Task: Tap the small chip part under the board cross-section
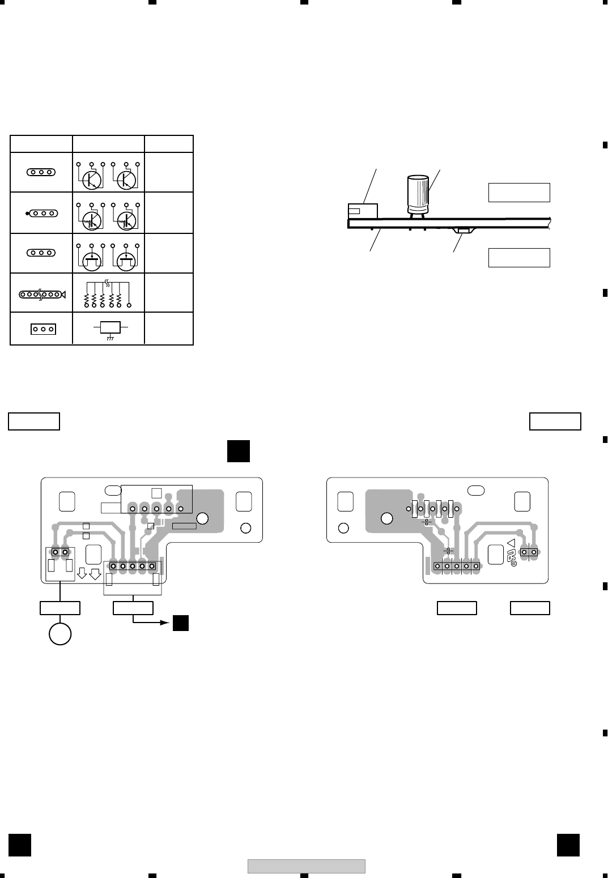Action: click(x=465, y=231)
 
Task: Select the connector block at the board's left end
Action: click(x=362, y=211)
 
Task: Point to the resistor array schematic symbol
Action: click(x=108, y=293)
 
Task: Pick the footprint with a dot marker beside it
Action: click(x=40, y=214)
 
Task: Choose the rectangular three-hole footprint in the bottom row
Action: click(x=42, y=329)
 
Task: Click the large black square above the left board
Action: click(x=238, y=451)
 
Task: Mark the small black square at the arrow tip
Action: click(x=181, y=623)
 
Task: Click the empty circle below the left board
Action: click(x=60, y=633)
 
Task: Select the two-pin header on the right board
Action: click(x=529, y=552)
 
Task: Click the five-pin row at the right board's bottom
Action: click(x=456, y=565)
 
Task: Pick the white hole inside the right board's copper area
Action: click(x=386, y=518)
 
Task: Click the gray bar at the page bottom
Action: click(x=306, y=866)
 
